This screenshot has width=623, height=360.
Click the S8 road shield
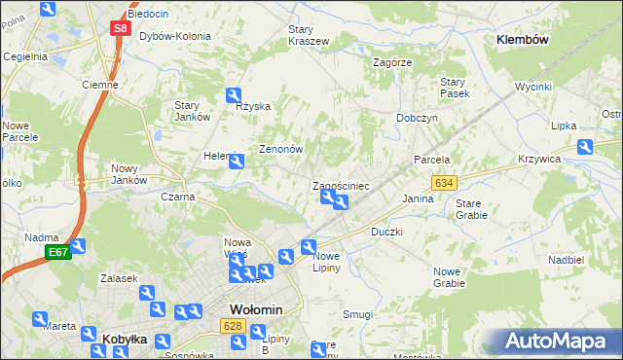(119, 28)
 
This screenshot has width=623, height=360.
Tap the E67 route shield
(58, 253)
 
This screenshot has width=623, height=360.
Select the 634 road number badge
(445, 183)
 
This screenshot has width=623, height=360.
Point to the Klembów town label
(523, 40)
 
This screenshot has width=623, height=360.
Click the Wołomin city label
(255, 309)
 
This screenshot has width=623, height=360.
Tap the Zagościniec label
(340, 185)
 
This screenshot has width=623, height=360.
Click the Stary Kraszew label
(308, 35)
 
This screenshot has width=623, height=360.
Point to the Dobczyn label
(417, 117)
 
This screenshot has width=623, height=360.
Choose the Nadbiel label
(566, 260)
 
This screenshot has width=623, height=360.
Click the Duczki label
(386, 233)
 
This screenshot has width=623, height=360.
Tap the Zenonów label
(281, 150)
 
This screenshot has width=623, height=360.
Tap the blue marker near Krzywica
(585, 147)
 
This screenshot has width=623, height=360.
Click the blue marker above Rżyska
(234, 94)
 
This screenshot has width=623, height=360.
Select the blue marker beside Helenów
(236, 162)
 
